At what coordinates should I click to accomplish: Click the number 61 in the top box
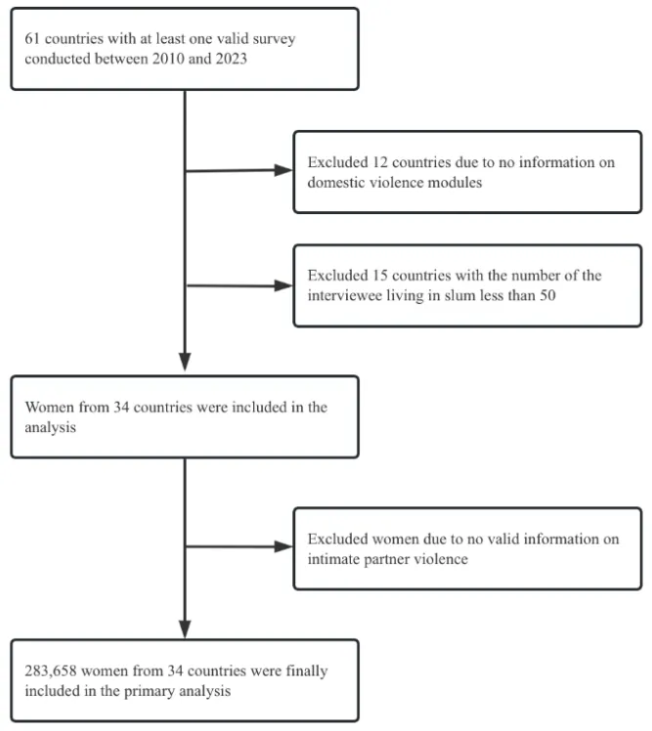(31, 38)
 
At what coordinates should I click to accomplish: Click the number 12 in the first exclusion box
(380, 162)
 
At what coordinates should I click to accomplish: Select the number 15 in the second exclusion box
(380, 276)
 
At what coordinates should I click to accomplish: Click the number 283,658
(51, 670)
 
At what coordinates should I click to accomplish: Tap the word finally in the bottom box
(306, 671)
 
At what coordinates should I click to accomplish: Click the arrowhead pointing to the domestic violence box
(283, 170)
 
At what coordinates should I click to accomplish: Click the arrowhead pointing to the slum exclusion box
(283, 285)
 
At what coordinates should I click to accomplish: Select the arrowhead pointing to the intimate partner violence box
(283, 546)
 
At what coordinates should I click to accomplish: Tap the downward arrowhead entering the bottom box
(185, 629)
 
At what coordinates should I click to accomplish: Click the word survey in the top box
(274, 39)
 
